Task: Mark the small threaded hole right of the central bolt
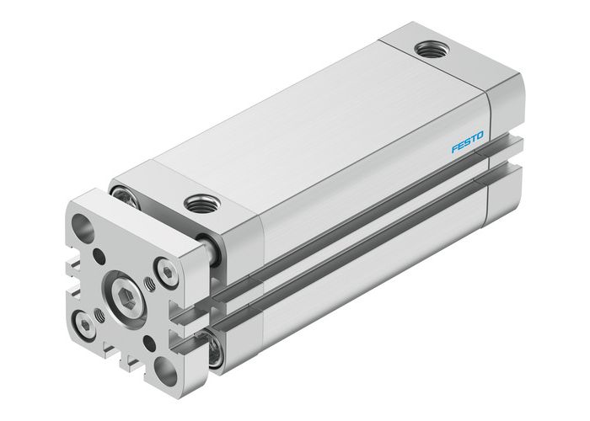coord(153,283)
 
